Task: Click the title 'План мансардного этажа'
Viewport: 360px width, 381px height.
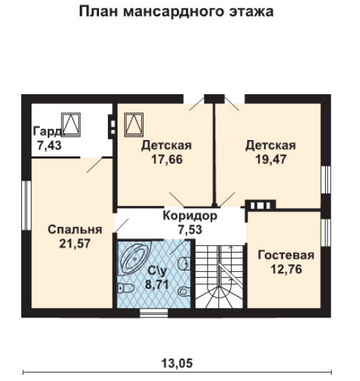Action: point(176,12)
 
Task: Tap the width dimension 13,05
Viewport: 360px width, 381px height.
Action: point(177,363)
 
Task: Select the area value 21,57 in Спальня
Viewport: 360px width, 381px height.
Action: point(75,244)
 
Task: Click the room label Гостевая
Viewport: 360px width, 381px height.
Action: point(286,255)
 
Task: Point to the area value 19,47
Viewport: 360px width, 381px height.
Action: point(271,159)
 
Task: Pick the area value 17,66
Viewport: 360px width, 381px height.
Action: point(167,159)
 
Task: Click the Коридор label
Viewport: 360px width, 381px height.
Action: point(190,216)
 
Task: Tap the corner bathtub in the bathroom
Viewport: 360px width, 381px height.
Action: point(134,258)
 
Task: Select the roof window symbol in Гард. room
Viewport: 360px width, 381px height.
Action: point(71,125)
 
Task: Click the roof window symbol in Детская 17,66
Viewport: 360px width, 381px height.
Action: point(134,125)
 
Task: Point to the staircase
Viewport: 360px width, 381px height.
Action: point(219,277)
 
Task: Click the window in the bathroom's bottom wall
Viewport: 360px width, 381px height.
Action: point(154,313)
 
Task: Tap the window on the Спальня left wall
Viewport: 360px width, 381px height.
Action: point(26,206)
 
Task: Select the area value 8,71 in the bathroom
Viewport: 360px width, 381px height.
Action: point(157,284)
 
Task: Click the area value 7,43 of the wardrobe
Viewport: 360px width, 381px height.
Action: point(49,145)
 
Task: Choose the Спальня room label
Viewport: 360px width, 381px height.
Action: point(75,229)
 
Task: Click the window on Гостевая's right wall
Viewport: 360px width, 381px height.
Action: point(326,233)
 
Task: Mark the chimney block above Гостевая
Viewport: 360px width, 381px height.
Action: point(260,206)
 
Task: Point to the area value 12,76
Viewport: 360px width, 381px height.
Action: point(286,269)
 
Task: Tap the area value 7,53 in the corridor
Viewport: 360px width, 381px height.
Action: point(190,230)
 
